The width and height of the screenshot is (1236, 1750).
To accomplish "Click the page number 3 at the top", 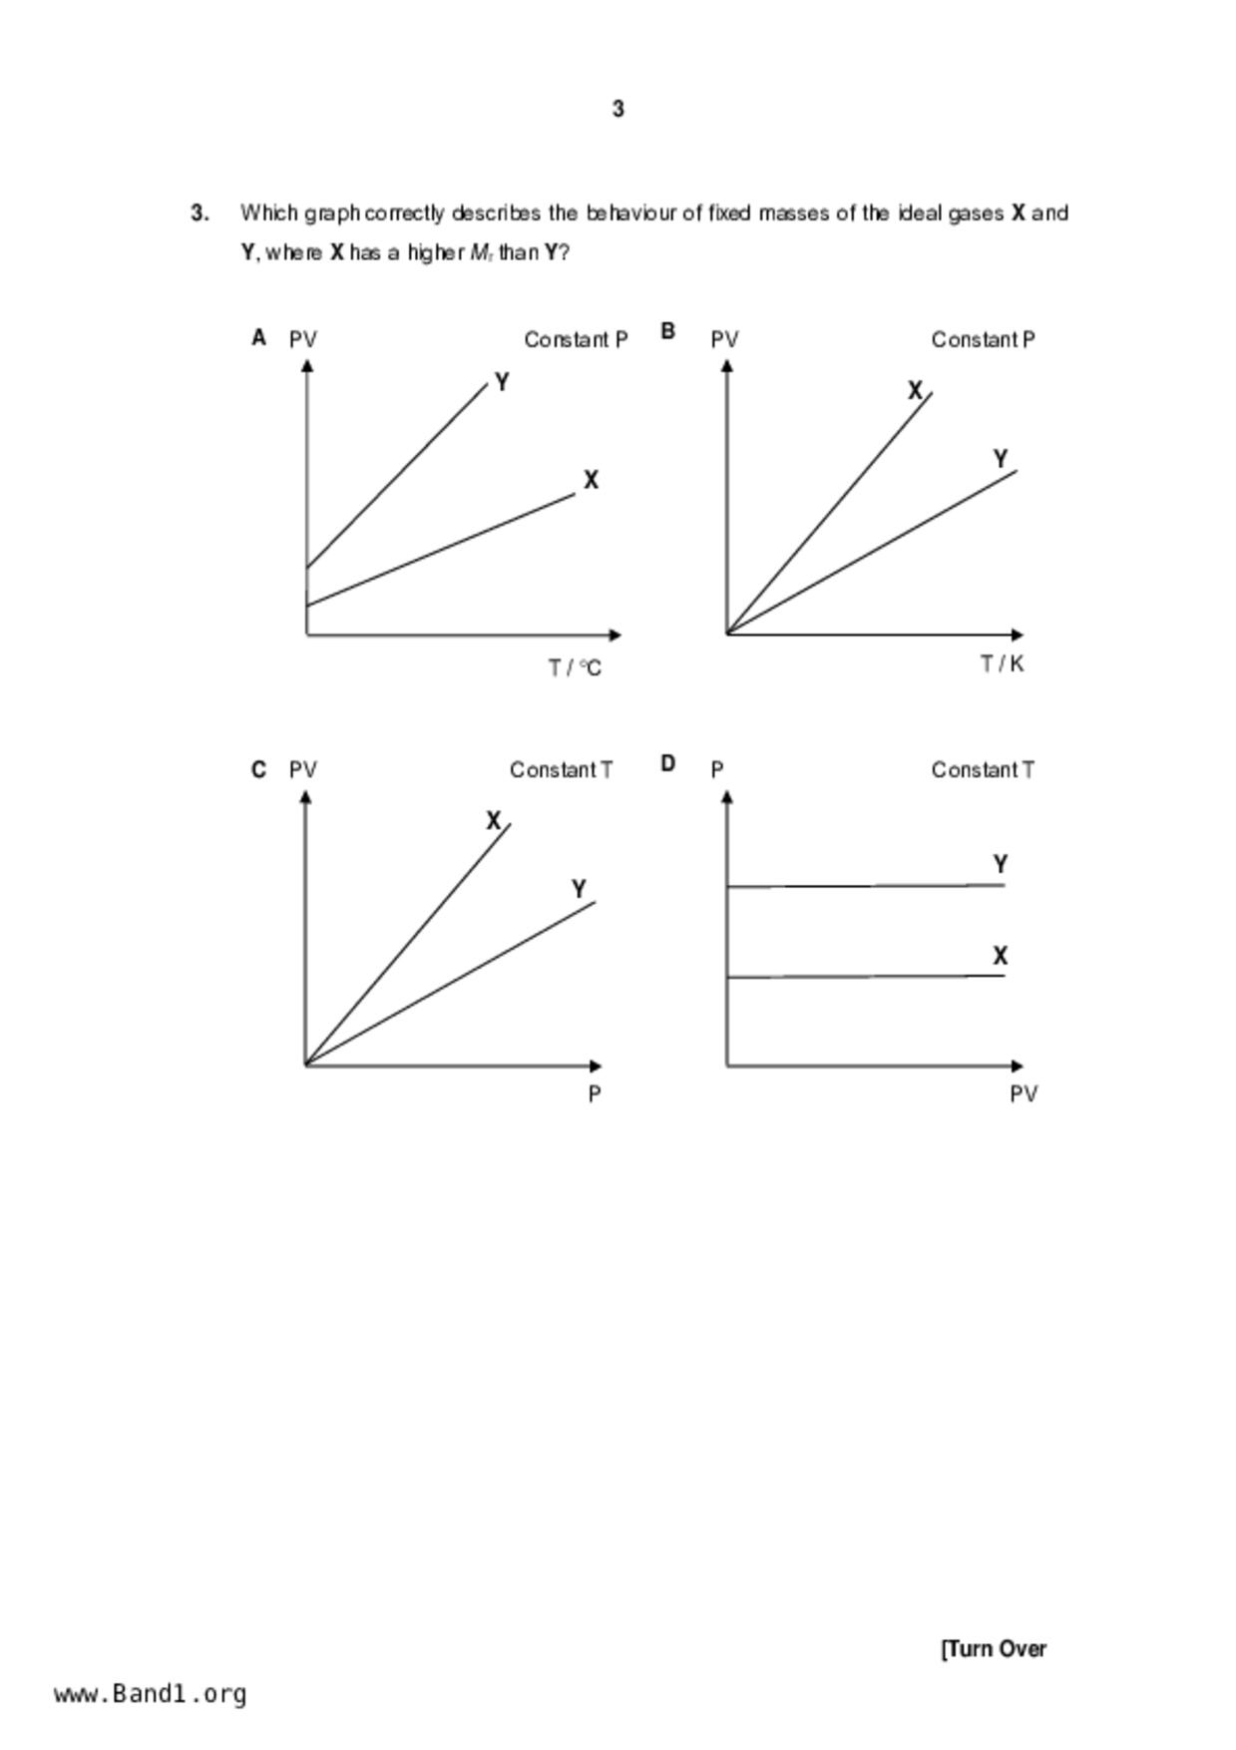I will [x=618, y=109].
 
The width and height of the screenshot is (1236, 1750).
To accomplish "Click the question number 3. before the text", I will [x=200, y=213].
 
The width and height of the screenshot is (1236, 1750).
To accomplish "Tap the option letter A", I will [x=258, y=338].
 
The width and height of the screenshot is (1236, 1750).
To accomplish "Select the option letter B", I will [x=668, y=331].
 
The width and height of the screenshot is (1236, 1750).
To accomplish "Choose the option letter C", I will [x=258, y=769].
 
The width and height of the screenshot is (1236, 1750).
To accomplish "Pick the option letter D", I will [x=668, y=763].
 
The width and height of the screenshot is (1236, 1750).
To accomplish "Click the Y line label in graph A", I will [x=502, y=382].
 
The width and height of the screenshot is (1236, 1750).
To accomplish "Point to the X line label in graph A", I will [x=591, y=480].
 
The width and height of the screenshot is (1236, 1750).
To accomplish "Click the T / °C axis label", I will [x=575, y=667].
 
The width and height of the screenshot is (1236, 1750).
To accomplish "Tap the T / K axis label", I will [x=1002, y=663].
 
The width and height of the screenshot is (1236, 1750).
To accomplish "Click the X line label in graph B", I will [x=915, y=391].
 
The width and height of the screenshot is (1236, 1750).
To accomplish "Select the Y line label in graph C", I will [x=579, y=888].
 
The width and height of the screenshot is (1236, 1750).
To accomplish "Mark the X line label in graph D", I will [x=1001, y=956].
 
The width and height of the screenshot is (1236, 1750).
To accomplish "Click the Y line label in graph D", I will [x=1001, y=864].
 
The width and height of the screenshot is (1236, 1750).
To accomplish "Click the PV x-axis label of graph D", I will [x=1024, y=1094].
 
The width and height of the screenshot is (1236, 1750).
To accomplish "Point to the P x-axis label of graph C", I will [x=595, y=1094].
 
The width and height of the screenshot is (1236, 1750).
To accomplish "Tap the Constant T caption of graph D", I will [x=983, y=770].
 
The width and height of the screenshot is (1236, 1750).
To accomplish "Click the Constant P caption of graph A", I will [x=576, y=340].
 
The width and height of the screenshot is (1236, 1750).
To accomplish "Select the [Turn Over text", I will [x=994, y=1649].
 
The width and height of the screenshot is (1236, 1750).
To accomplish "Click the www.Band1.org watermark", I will [x=151, y=1694].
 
